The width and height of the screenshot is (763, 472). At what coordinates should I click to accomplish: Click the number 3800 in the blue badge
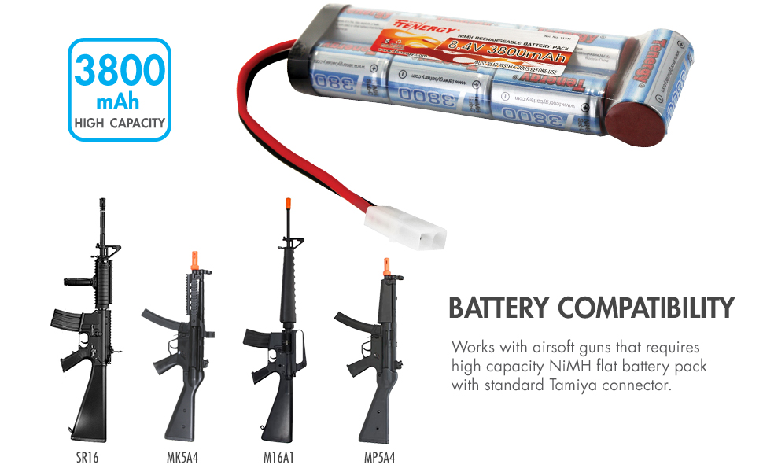click(118, 71)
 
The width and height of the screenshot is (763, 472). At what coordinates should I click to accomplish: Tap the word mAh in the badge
click(118, 102)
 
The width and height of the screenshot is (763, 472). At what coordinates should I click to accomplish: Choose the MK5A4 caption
click(182, 456)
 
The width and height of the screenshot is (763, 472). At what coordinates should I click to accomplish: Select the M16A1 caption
click(279, 456)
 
